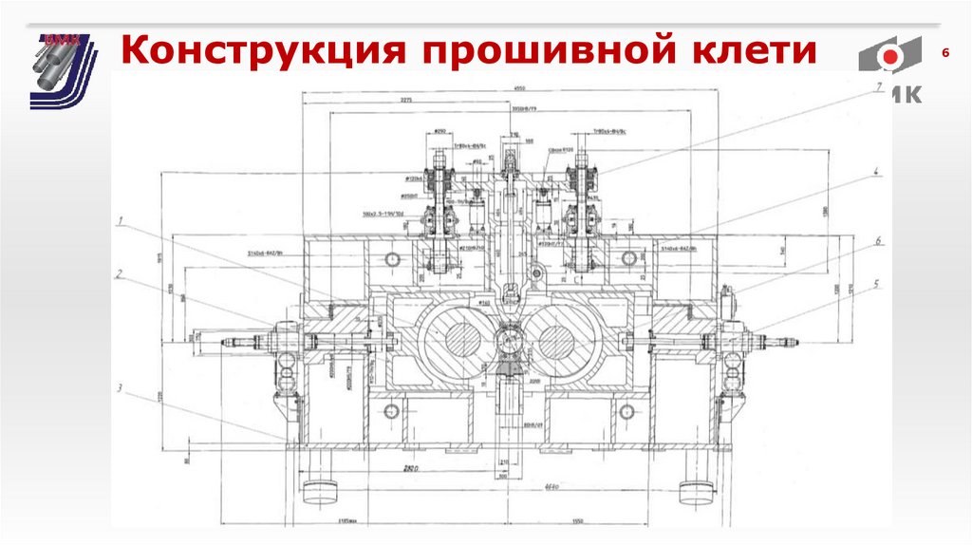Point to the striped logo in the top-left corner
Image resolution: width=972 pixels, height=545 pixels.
[x=63, y=70]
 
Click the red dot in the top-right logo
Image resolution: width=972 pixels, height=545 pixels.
[x=889, y=58]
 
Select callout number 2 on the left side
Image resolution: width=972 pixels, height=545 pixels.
[x=121, y=275]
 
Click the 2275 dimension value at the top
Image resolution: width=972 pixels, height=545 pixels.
[x=407, y=100]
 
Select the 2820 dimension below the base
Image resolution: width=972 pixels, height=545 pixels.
[x=412, y=469]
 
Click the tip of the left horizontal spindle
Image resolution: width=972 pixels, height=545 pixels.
[x=226, y=343]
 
